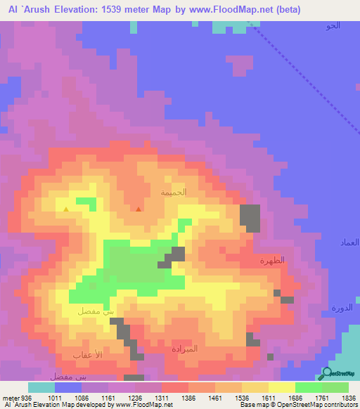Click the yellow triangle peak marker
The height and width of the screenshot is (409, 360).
click(66, 209)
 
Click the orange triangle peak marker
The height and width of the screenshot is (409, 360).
click(139, 209)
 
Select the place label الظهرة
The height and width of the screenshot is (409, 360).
click(272, 260)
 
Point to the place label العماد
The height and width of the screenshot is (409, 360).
click(349, 242)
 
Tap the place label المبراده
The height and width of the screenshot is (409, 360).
click(185, 349)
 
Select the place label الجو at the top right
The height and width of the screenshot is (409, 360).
click(333, 26)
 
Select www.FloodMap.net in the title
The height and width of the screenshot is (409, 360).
click(217, 9)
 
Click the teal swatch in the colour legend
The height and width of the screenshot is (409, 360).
click(41, 387)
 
